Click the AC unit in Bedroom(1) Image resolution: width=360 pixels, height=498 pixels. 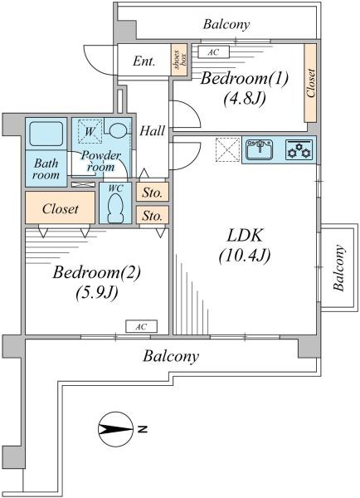click(x=213, y=52)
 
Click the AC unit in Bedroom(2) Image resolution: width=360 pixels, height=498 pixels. click(x=141, y=326)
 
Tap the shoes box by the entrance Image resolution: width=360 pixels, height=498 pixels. click(x=179, y=60)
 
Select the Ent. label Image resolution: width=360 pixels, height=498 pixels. click(x=144, y=61)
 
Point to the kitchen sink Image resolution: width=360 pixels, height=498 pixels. click(x=260, y=149)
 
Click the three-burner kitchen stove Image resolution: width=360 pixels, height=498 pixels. click(x=299, y=150)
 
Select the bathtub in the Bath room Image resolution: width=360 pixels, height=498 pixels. click(x=46, y=134)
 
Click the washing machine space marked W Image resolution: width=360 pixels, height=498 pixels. click(x=90, y=131)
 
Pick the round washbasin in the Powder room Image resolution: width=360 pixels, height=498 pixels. click(x=118, y=129)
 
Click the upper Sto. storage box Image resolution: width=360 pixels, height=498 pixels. click(x=153, y=192)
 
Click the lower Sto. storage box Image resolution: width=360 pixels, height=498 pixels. click(x=153, y=215)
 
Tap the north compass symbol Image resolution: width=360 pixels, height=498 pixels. click(x=115, y=429)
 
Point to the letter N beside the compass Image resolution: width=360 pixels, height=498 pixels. click(x=143, y=429)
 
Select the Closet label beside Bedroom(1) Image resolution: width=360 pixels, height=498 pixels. click(x=311, y=83)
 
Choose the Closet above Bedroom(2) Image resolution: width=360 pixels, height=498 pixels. click(x=60, y=207)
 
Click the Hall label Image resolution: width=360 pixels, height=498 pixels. click(x=153, y=131)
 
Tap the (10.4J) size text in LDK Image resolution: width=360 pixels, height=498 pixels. click(x=245, y=256)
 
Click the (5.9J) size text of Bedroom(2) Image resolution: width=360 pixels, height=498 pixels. click(x=97, y=292)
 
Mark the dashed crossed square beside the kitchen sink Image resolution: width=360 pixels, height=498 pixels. click(x=227, y=149)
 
